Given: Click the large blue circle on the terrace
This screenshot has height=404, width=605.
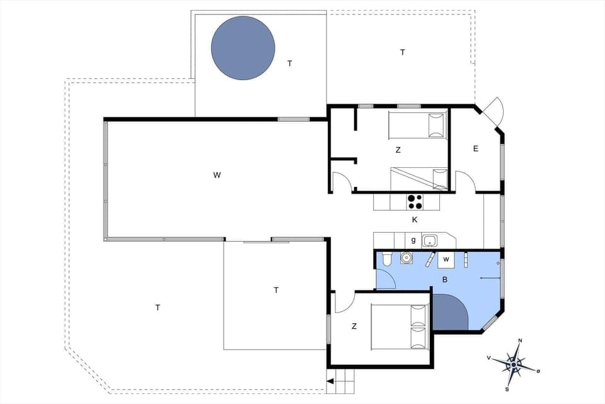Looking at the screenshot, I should [x=243, y=48].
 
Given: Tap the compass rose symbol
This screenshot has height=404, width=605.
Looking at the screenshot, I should [x=515, y=364].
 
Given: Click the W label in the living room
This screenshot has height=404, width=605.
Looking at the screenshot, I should [x=217, y=175].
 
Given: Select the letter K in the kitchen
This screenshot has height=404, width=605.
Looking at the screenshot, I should [x=414, y=220].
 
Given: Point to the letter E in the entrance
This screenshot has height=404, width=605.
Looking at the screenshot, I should [x=476, y=149].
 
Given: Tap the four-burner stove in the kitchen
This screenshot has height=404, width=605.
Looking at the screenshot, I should [x=414, y=202].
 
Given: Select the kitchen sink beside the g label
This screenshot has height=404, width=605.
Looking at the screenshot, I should [x=430, y=241].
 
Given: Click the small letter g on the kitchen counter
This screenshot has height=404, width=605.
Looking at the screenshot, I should [x=413, y=241].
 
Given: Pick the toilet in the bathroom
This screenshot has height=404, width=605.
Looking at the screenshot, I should [x=386, y=258].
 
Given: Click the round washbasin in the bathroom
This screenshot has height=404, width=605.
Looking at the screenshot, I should [x=406, y=258].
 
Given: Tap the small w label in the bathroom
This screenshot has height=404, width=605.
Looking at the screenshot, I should [x=446, y=259].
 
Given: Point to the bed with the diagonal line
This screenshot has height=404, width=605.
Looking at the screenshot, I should [x=418, y=179].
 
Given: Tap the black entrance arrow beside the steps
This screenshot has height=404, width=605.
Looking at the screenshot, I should [x=330, y=381].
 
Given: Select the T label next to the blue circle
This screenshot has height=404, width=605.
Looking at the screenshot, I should [x=290, y=63].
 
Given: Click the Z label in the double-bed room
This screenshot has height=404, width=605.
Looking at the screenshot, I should [x=354, y=326].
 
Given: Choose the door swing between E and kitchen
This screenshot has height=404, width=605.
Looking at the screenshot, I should [x=465, y=181].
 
